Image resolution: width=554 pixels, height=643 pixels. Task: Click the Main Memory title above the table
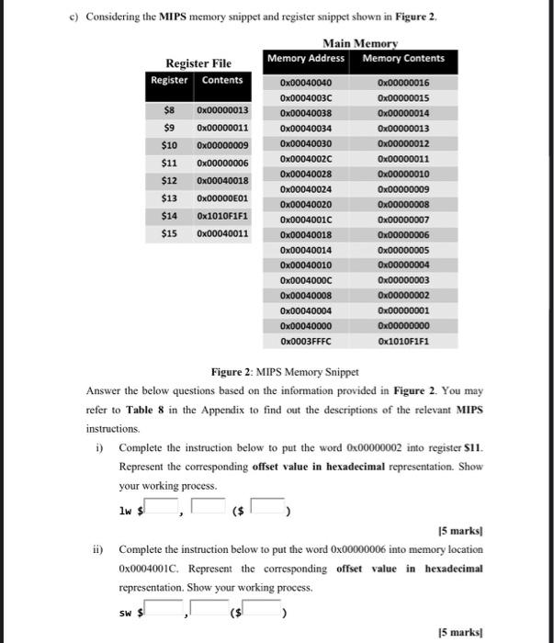click(360, 43)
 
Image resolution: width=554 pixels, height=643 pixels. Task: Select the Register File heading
click(198, 63)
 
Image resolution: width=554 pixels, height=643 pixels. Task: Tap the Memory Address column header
click(306, 59)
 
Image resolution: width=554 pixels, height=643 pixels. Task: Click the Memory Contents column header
click(403, 59)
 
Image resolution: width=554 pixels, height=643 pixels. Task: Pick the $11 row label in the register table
click(169, 162)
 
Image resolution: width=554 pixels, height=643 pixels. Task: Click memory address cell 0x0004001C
click(306, 220)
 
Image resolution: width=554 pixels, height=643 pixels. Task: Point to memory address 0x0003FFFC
click(306, 341)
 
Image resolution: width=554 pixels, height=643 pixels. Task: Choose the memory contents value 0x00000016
click(403, 83)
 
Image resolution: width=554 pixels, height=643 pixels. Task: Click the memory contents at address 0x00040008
click(403, 295)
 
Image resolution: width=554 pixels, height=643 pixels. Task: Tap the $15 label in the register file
click(169, 233)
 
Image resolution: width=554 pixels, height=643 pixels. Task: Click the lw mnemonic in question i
click(126, 510)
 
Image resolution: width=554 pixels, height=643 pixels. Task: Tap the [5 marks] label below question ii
click(464, 631)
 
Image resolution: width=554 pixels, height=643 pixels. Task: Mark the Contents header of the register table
click(222, 80)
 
